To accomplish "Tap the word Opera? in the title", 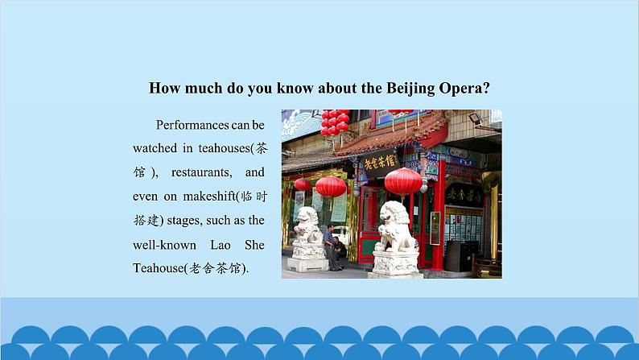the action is tap(464, 89).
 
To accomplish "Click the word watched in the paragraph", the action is tap(155, 148).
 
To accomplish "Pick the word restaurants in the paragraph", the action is tap(201, 172).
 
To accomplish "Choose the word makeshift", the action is tap(209, 196).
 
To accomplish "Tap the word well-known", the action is tap(164, 245).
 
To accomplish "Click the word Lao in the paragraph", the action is tap(221, 245).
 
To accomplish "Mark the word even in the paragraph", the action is tap(145, 197).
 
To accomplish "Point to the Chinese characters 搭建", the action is tap(146, 221).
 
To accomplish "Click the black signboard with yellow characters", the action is tap(380, 162).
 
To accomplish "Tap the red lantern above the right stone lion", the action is tap(403, 182).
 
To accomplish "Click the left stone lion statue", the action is tap(307, 238).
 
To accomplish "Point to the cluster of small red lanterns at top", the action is tap(335, 122).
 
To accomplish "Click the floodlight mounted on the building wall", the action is tap(475, 118).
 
